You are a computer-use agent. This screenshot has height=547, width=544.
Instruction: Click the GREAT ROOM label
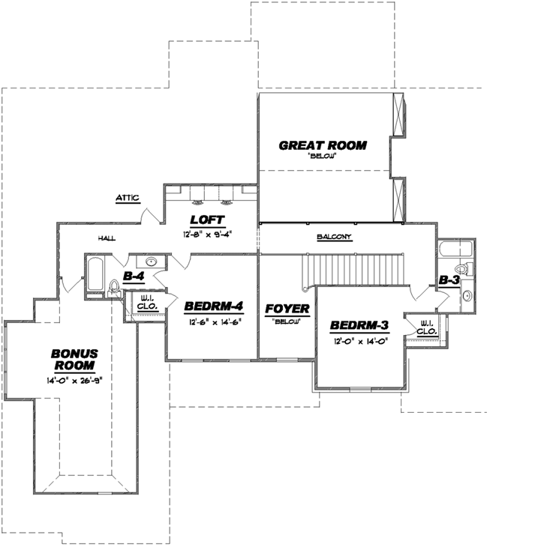pos(323,145)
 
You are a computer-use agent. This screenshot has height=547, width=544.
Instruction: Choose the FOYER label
pos(287,308)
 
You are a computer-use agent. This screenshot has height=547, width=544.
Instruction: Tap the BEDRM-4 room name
pos(212,307)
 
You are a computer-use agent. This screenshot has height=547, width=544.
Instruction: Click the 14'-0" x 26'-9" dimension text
pos(73,380)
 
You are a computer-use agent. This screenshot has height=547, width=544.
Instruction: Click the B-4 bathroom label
pos(134,276)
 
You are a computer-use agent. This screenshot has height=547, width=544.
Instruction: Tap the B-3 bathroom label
pos(449,279)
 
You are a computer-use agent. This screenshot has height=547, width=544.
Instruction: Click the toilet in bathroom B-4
pos(115,286)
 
